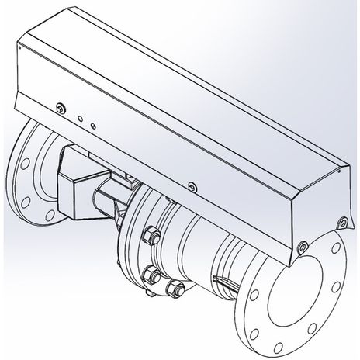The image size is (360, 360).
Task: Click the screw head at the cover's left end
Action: click(x=61, y=107)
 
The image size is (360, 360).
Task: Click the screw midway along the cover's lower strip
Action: click(x=191, y=185)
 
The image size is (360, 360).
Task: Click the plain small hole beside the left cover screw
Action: click(x=81, y=118)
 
